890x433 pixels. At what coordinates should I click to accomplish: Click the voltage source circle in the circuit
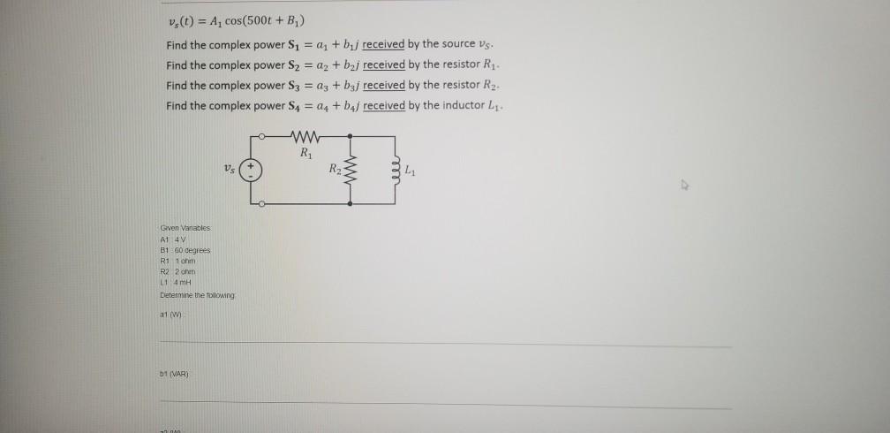(x=252, y=170)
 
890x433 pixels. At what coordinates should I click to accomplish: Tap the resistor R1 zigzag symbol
(x=305, y=137)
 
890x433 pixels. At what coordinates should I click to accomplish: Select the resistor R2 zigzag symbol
(x=352, y=169)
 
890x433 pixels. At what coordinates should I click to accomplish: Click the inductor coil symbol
(x=398, y=169)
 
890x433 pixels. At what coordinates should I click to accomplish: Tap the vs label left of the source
(x=230, y=169)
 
